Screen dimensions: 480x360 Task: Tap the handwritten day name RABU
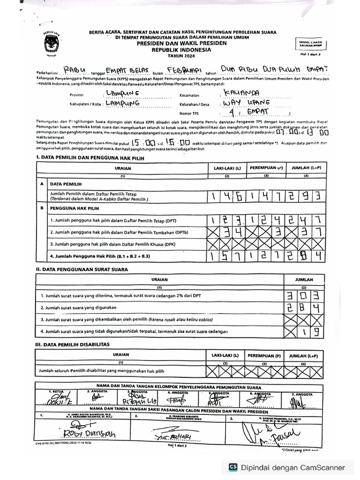click(74, 70)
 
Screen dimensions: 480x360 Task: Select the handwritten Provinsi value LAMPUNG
click(125, 94)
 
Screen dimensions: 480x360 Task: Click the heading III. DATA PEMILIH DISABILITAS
click(73, 344)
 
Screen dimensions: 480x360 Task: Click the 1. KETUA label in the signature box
click(56, 391)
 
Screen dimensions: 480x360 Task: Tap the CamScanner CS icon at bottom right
click(232, 467)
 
